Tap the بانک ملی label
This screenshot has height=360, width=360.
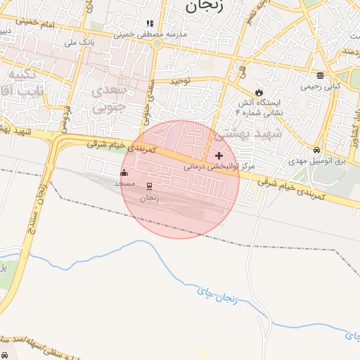pos(79,43)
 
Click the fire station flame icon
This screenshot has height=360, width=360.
pos(259,91)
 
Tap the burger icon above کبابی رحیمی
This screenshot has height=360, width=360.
pos(320,75)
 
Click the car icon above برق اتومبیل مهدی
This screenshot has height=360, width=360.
pos(317,150)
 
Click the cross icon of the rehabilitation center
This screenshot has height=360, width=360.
pos(219,155)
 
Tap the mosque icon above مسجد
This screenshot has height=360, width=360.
pos(124,172)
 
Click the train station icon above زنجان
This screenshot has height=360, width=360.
pos(149,186)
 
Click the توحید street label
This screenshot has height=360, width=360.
pos(180,82)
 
